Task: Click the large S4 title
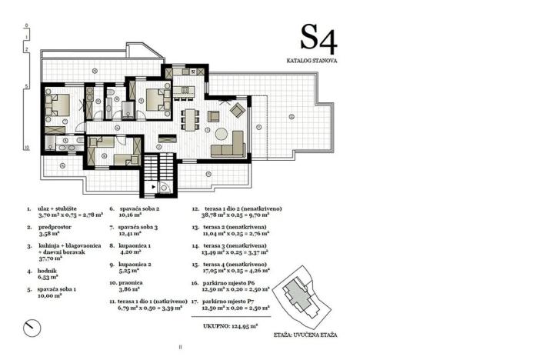coord(318,38)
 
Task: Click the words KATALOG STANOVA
coord(311,60)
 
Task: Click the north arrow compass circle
coord(32,327)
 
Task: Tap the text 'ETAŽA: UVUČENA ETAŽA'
coord(305,336)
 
